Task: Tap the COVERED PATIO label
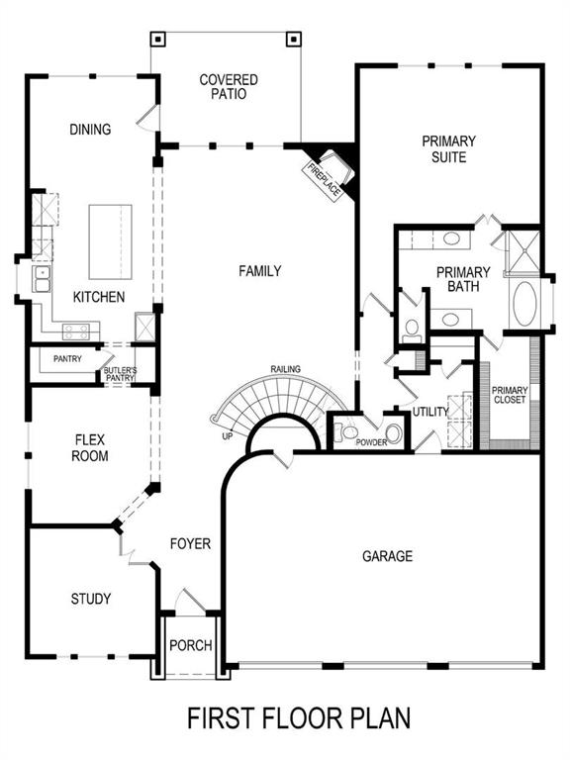pos(229,87)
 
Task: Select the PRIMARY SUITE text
pos(449,149)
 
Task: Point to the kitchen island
pos(111,241)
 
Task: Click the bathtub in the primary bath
pos(523,305)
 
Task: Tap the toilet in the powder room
pos(347,430)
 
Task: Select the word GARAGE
pos(387,556)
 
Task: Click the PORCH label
pos(191,645)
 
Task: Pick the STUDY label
pos(91,599)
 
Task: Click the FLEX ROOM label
pos(90,448)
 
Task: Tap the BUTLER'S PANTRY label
pos(119,374)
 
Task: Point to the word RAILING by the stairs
pos(286,370)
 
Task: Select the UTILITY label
pos(430,411)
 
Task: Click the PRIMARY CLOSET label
pos(511,395)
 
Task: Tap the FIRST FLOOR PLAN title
pos(299,716)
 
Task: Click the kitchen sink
pos(43,280)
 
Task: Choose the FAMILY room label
pos(261,270)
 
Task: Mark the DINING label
pos(90,129)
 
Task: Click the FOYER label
pos(191,543)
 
